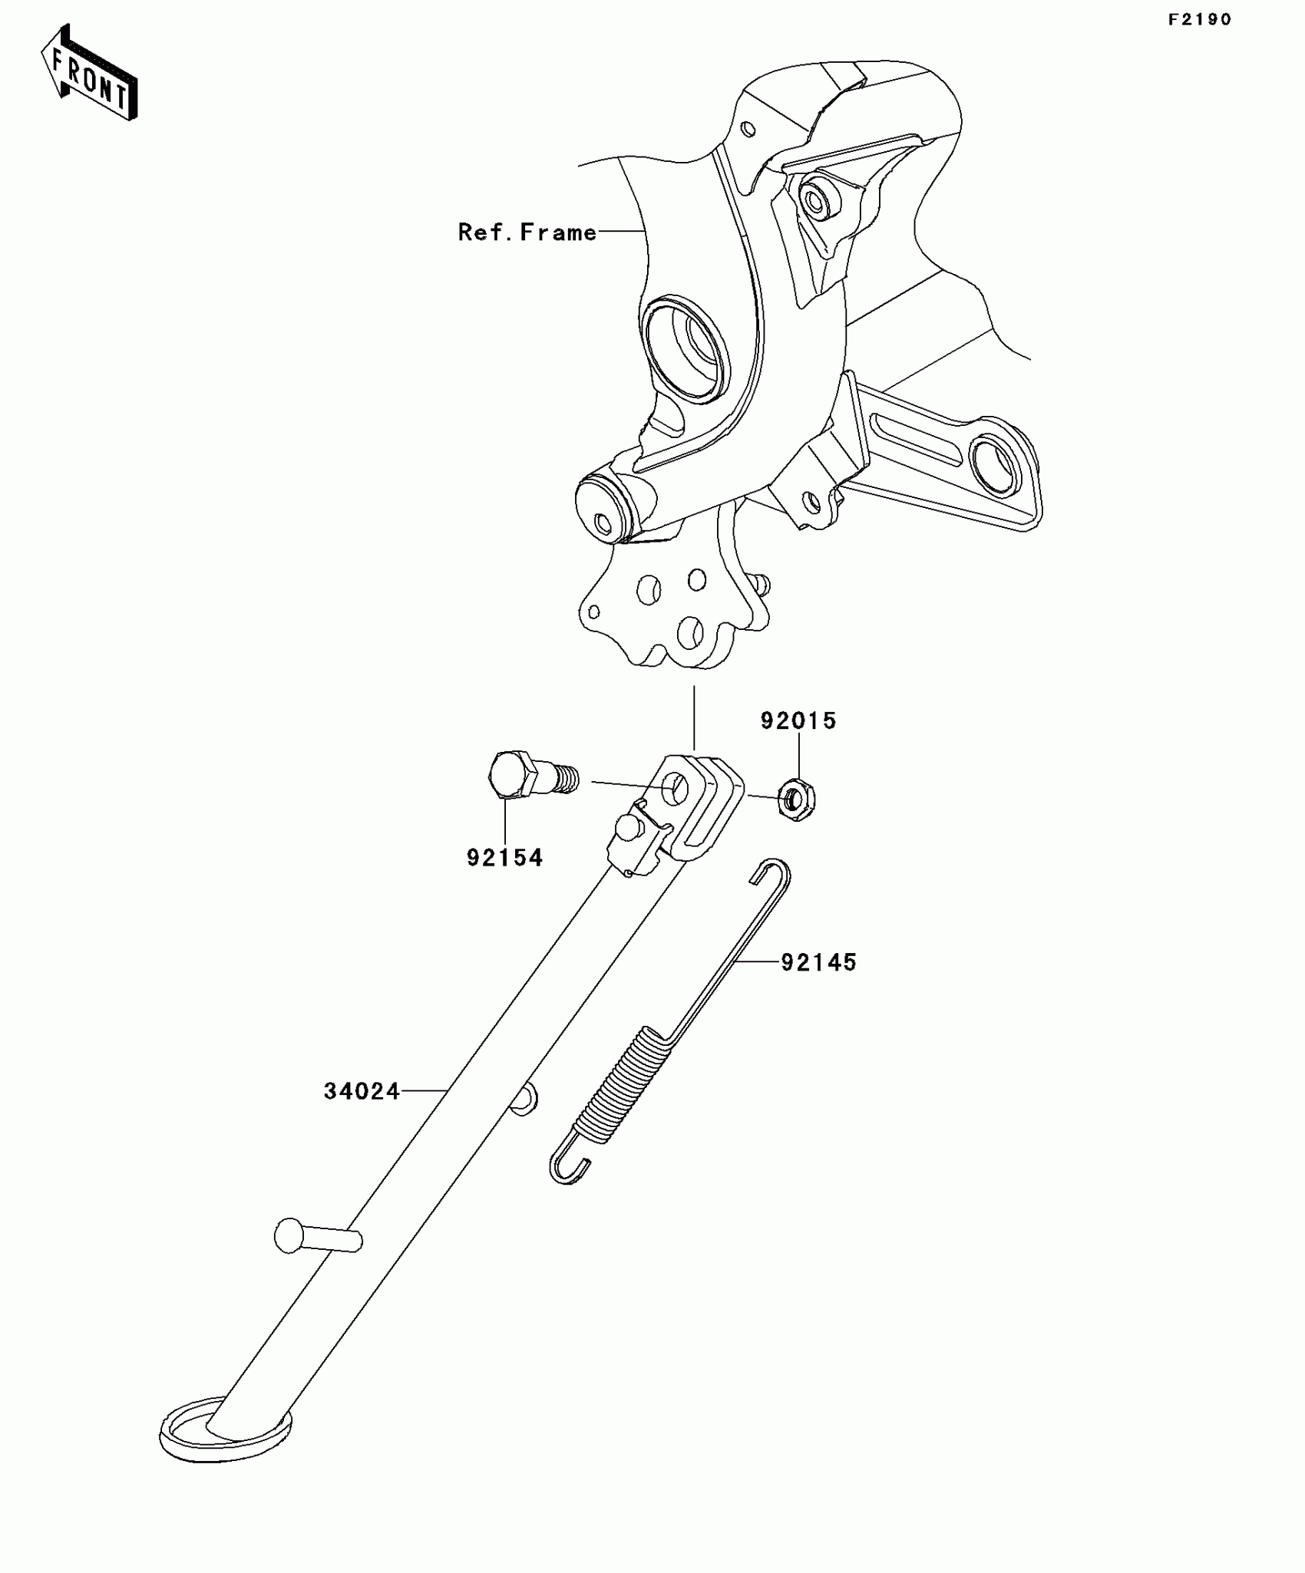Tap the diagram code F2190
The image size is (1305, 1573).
tap(1199, 20)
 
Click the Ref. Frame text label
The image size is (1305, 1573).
tap(527, 232)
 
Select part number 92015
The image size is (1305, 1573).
tap(798, 721)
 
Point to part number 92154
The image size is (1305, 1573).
tap(504, 857)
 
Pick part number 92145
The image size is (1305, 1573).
tap(818, 961)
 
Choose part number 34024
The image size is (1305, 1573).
tap(362, 1090)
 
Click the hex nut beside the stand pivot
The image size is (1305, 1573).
tap(797, 800)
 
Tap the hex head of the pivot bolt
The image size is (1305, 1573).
tap(510, 775)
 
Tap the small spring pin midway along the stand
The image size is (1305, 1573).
tap(524, 1099)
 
